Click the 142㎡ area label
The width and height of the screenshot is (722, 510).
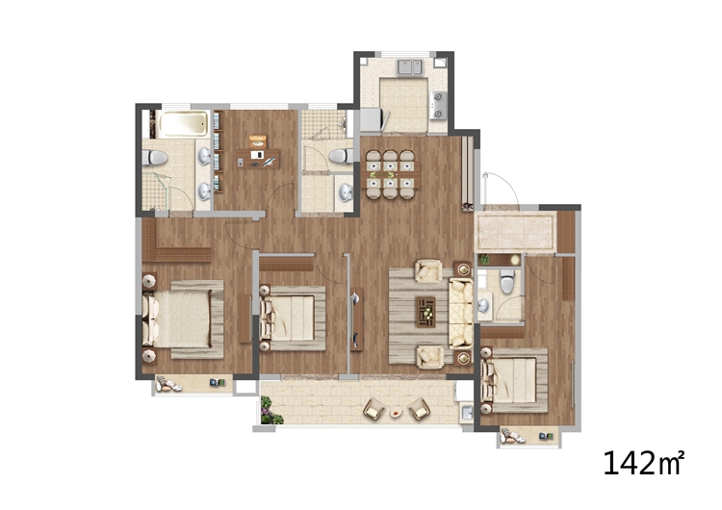click(644, 463)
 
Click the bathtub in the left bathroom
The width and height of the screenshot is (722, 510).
click(182, 124)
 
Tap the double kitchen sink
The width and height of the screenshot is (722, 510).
click(410, 66)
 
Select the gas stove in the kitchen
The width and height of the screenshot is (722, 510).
click(438, 105)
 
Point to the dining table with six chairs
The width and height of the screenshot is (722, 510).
click(391, 174)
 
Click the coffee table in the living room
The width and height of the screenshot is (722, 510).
click(425, 312)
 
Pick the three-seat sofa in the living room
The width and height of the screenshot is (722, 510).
click(461, 313)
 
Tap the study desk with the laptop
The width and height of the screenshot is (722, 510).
click(257, 158)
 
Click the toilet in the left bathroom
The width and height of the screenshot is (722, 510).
click(154, 158)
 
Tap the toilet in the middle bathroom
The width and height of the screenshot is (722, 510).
click(341, 156)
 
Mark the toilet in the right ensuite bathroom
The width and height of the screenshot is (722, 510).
click(507, 281)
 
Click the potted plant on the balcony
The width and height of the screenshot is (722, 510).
click(271, 412)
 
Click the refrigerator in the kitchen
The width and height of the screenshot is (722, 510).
click(371, 119)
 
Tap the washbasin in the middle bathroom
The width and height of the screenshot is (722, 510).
click(346, 192)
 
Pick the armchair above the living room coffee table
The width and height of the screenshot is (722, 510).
click(428, 270)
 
